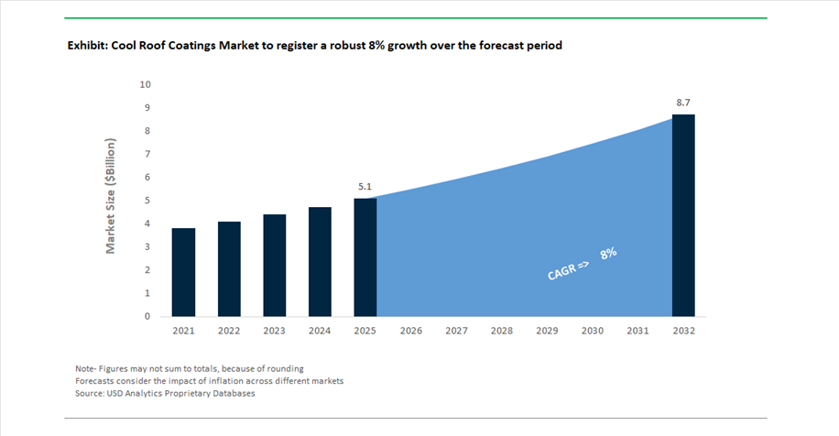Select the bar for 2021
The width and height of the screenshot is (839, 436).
pos(183,272)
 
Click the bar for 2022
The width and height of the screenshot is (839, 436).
pos(229,269)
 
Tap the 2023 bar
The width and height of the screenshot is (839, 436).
pos(275,266)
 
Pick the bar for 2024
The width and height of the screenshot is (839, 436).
pos(320,262)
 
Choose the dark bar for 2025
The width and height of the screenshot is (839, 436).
pos(365,257)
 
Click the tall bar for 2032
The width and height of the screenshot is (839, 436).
pos(683,215)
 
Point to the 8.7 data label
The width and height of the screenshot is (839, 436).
pos(683,103)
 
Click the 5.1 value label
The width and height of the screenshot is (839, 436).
pos(365,187)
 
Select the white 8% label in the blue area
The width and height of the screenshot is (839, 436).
pos(608,253)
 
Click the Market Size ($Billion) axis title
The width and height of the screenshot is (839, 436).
pos(110,196)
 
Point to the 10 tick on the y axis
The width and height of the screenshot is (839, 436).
pos(145,84)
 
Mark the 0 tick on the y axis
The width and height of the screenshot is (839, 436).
pos(147,316)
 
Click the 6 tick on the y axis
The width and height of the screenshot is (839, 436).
pos(147,177)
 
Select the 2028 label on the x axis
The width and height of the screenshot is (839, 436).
pos(502,331)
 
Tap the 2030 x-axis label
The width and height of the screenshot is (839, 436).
pos(593,331)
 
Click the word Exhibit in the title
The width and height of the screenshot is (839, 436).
pos(88,46)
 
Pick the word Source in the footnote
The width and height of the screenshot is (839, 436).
pos(89,393)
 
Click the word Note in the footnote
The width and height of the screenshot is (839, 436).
pos(85,368)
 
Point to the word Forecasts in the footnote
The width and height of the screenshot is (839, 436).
pos(94,381)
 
